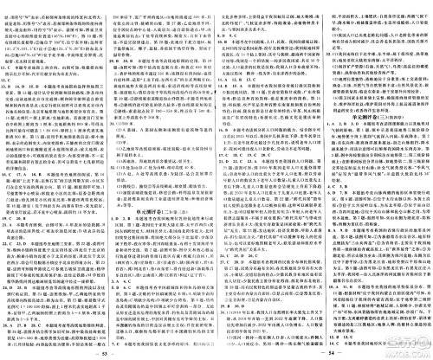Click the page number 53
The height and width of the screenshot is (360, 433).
[x=107, y=352]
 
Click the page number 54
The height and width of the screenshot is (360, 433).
[x=323, y=352]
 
